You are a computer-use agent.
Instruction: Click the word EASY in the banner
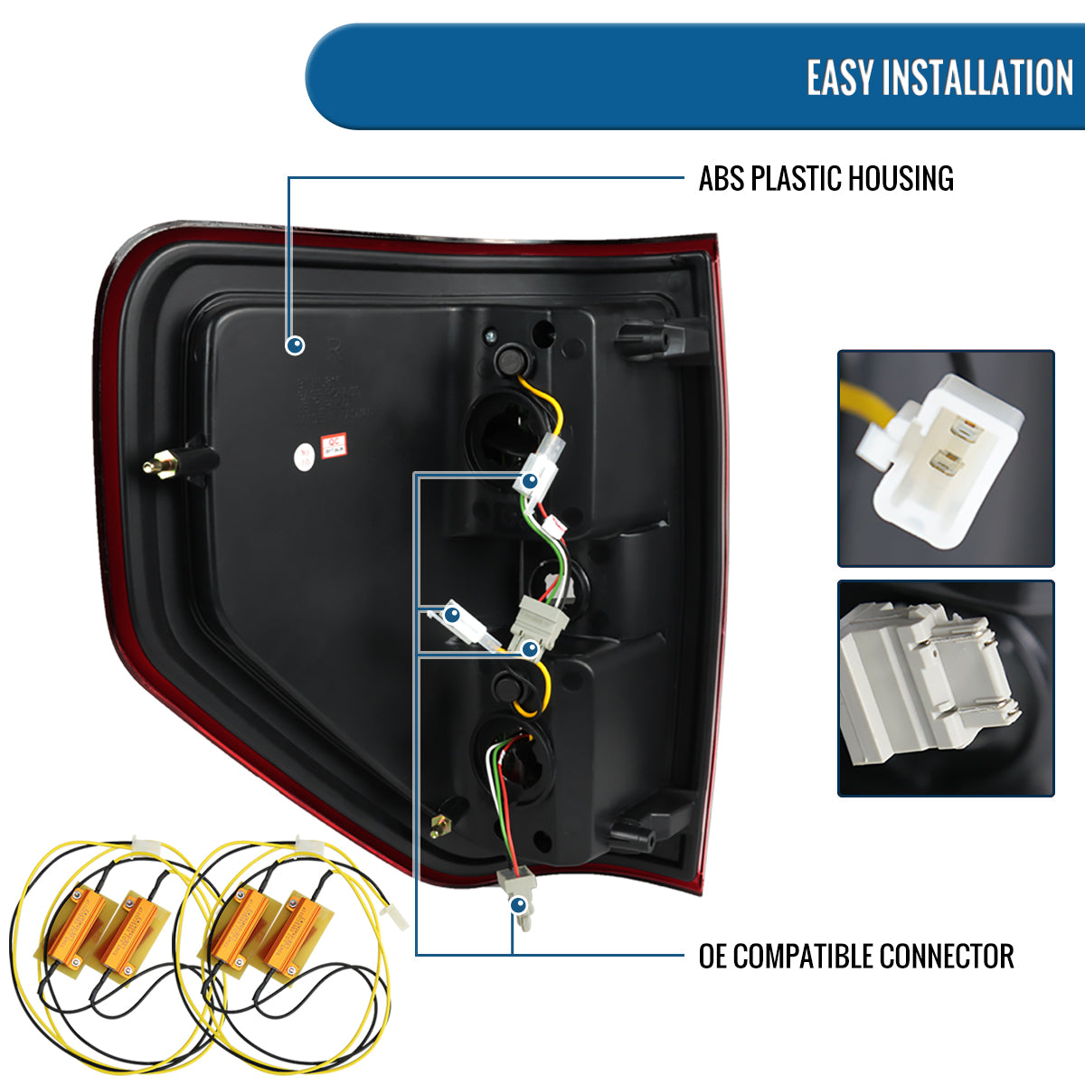pos(840,78)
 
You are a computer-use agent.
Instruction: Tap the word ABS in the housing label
pos(721,179)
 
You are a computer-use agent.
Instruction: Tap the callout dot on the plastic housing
pos(295,345)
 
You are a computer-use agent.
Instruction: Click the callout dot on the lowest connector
pos(518,904)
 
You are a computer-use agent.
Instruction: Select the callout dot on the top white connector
pos(531,481)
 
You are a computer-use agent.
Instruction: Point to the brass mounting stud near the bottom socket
pos(441,824)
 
